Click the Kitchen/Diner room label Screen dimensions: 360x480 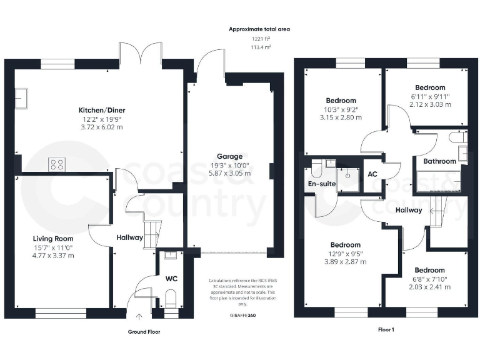pos(93,110)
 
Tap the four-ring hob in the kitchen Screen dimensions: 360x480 pos(57,164)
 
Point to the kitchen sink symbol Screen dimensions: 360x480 pos(22,99)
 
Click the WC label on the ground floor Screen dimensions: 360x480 pos(171,279)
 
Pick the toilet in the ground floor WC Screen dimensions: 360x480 pos(171,299)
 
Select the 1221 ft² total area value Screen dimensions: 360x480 pos(259,39)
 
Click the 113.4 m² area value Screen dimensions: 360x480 pos(259,47)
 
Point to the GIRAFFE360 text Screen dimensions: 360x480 pos(242,316)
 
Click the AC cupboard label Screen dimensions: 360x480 pos(372,174)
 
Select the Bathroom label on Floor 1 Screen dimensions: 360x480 pos(439,161)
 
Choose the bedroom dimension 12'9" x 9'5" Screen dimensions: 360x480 pos(345,254)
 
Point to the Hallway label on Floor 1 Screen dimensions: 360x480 pos(409,210)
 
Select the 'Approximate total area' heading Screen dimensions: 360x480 pos(259,29)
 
